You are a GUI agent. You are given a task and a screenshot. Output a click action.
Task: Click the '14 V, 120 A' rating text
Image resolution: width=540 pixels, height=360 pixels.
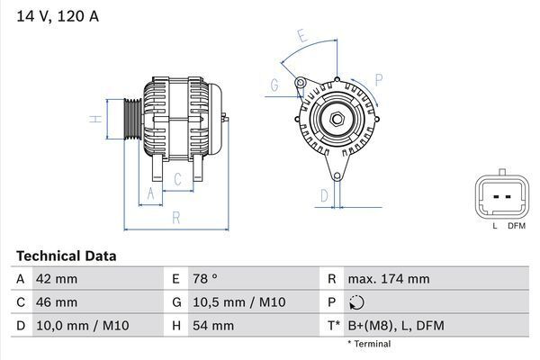56,15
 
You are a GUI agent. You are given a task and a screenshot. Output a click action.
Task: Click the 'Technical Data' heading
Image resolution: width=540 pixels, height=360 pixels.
66,256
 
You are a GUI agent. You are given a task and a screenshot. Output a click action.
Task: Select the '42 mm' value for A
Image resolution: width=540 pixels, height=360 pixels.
56,279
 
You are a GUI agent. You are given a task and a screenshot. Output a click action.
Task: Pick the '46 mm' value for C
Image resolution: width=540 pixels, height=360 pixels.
56,302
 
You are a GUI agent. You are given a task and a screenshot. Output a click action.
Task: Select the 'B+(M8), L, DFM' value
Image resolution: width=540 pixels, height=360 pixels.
397,325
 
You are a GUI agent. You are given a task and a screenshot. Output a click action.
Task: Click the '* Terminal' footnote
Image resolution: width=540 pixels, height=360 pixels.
369,344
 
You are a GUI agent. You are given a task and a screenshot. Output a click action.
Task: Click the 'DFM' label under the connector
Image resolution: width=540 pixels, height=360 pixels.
516,226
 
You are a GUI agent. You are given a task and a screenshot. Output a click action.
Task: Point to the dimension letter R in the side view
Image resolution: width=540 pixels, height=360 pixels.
176,217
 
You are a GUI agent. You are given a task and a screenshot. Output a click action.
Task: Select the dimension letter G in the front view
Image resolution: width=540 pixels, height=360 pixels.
274,85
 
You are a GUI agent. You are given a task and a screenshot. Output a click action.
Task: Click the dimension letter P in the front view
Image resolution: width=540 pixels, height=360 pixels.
378,79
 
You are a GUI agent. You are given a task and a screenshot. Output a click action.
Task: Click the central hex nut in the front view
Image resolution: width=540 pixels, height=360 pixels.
335,119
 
